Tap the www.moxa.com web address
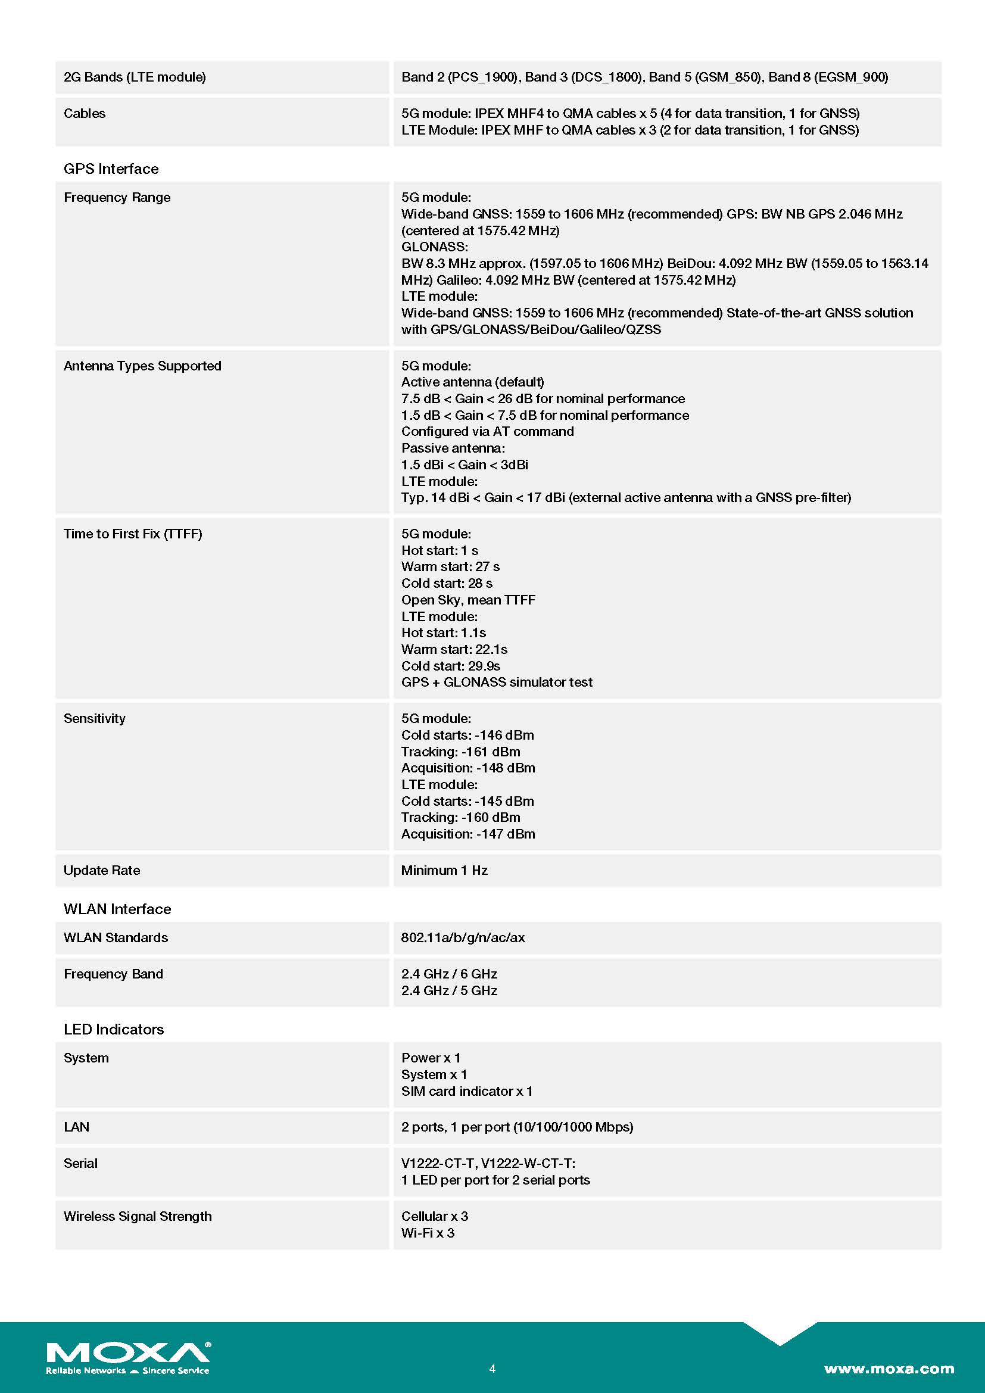889,1369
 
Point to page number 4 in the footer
492,1369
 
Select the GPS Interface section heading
111,169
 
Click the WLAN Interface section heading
117,909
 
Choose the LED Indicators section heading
113,1029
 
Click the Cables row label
85,114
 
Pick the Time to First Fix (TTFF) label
133,534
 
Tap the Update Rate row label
102,870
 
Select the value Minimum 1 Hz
444,870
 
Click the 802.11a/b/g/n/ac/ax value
463,937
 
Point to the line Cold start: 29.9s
451,666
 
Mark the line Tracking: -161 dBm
460,752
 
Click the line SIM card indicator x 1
466,1091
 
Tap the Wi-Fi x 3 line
428,1233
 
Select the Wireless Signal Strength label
138,1217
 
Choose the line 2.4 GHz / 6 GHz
449,974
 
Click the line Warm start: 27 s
450,566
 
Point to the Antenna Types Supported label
142,366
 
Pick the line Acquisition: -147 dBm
467,834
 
